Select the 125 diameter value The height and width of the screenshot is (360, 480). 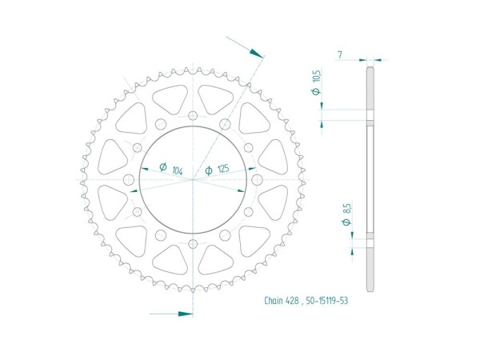point(224,170)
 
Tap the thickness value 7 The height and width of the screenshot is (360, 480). point(340,54)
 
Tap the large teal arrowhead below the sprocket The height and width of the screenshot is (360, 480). point(185,313)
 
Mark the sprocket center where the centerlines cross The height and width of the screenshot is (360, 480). point(194,178)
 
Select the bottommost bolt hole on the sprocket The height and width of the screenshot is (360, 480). point(194,242)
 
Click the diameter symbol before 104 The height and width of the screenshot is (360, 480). point(162,169)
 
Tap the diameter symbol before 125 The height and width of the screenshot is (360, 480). point(208,170)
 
